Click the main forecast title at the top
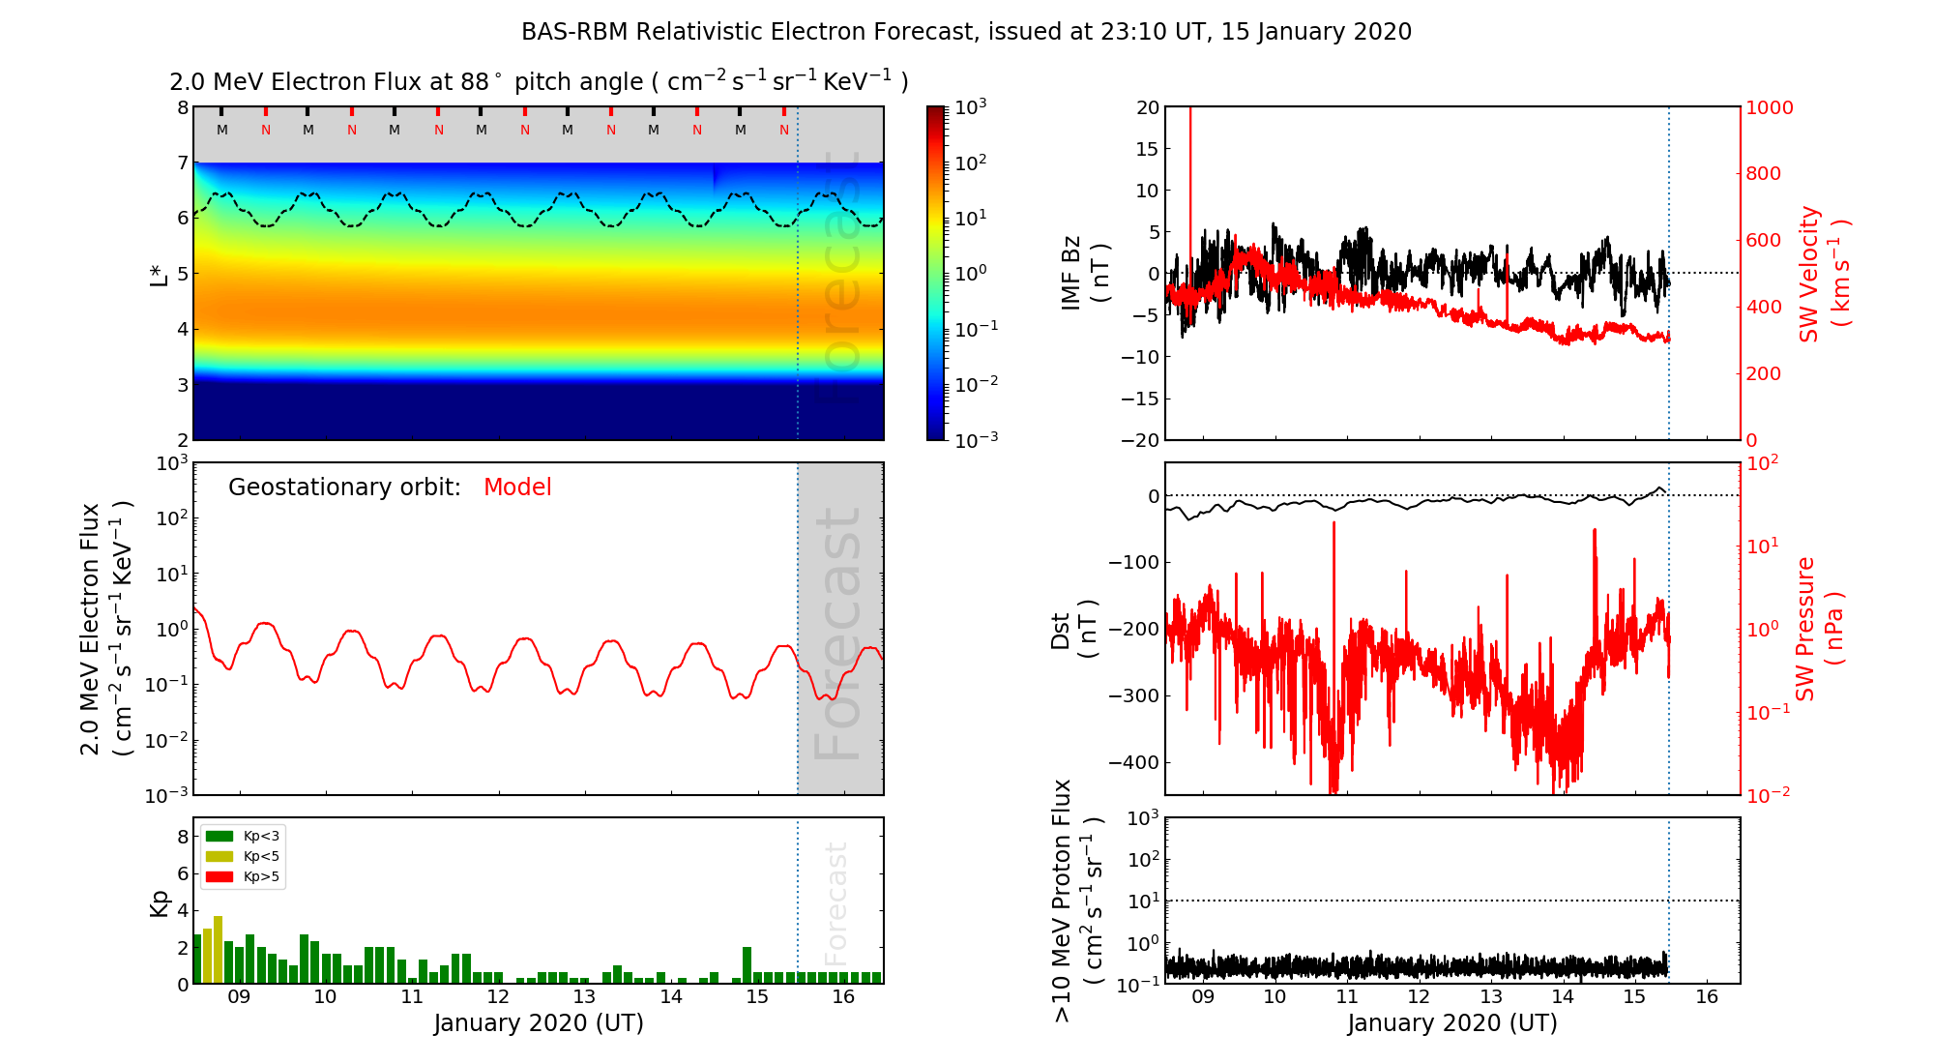(966, 32)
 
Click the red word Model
(517, 488)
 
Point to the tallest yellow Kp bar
(219, 948)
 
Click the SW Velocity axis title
(1823, 274)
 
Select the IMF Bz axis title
(1085, 274)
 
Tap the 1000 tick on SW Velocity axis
(1769, 107)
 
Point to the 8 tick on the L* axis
(182, 107)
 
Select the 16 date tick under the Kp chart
(843, 997)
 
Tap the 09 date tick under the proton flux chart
(1203, 997)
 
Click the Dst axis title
(1073, 630)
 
